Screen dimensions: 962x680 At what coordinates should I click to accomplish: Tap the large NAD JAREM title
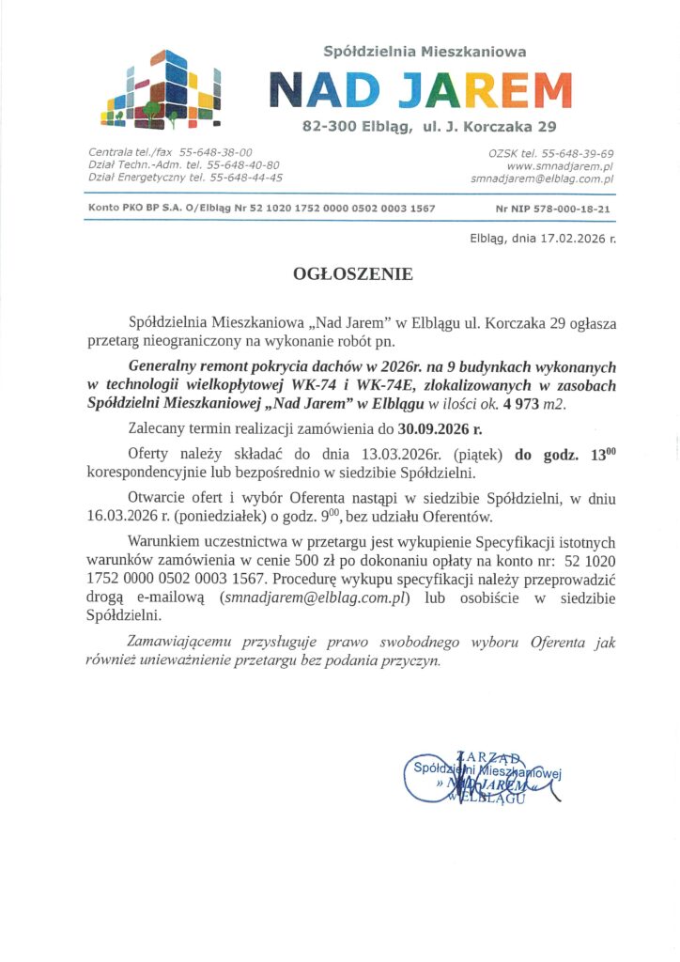click(420, 90)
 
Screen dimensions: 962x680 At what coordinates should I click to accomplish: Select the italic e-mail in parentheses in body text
click(312, 597)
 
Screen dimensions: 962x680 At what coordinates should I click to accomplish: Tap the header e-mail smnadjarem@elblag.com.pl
click(542, 178)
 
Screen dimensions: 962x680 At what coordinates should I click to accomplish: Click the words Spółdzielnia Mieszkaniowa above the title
click(425, 53)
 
